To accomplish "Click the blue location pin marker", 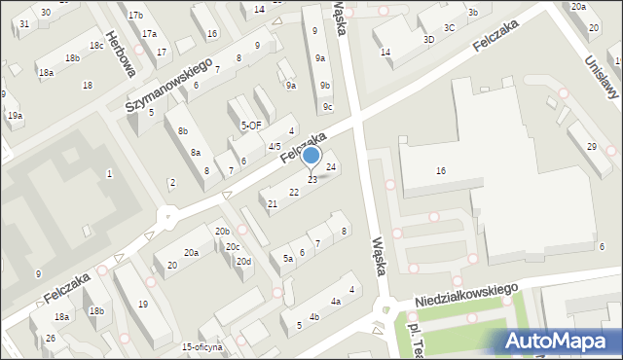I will click(311, 156).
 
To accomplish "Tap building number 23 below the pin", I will click(312, 180).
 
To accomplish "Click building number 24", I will click(332, 167).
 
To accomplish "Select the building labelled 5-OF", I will click(251, 126).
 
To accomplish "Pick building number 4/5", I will click(275, 147).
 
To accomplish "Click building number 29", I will click(592, 146).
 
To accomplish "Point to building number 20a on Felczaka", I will click(192, 253).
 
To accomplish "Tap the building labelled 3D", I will click(428, 40).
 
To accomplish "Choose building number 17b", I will click(135, 16).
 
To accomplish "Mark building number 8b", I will click(182, 131).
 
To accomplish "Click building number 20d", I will click(244, 261).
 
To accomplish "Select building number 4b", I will click(313, 317).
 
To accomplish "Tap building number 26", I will click(50, 339).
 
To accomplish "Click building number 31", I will click(23, 23).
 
